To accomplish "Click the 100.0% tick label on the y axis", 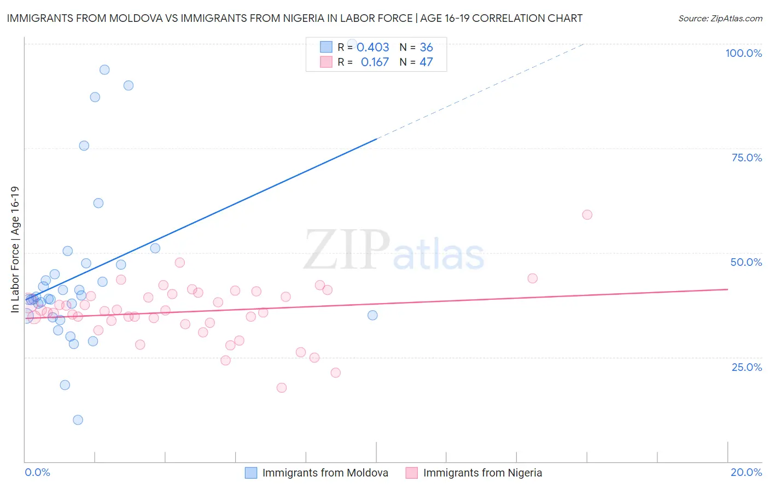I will [x=743, y=53].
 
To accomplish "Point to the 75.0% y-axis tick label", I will [x=747, y=158].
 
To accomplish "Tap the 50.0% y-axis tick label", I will [x=746, y=262].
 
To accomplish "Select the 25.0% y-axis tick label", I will [x=747, y=367].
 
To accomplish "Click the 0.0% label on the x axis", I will [x=37, y=472].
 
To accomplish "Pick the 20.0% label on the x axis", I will [x=746, y=472].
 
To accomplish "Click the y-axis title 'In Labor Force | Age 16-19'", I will [x=15, y=249].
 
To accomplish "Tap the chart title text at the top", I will [x=294, y=18].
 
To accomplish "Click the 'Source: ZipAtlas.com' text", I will [x=720, y=18].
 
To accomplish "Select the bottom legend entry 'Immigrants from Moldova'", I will [x=325, y=473].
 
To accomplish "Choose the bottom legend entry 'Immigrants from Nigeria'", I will [x=482, y=473].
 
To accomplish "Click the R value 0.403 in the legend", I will [x=372, y=48].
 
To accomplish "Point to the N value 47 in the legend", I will [x=426, y=62].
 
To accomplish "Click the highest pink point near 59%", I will [x=587, y=214].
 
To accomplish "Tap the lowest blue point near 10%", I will [x=78, y=420].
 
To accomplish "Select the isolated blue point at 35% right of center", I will [x=372, y=315].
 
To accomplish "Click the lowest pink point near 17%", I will [x=282, y=388].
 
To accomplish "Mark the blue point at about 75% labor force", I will [x=84, y=146].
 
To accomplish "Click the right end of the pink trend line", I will [x=727, y=289].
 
